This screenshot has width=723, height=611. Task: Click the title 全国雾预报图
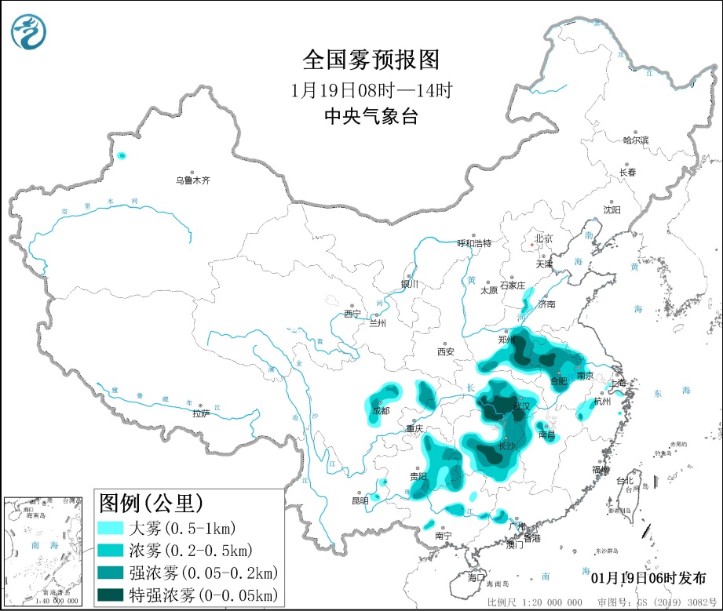371,60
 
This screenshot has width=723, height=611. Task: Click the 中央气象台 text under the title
371,117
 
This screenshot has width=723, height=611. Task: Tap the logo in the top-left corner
29,31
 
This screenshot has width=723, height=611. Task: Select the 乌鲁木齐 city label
192,180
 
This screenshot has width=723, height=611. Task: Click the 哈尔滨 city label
636,140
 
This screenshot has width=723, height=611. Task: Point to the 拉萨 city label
201,413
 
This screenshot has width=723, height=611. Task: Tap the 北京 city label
543,238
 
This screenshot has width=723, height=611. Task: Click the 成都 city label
381,409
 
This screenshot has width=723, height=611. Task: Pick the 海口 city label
477,576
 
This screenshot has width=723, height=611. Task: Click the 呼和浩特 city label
474,243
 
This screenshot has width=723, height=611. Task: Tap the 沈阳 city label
612,209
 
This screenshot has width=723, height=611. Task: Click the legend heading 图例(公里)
150,500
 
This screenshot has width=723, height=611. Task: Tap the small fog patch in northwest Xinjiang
121,156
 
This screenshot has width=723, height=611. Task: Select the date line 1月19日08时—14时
371,89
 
